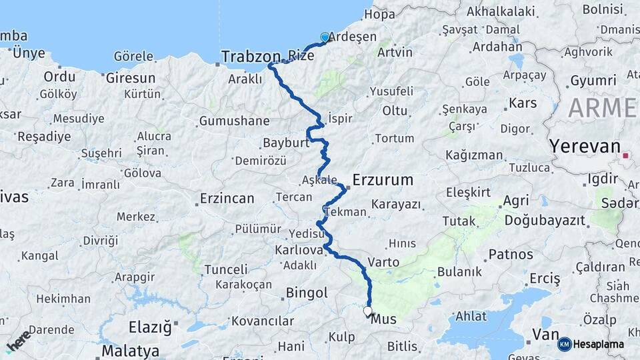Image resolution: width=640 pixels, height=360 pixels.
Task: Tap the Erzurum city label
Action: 382,180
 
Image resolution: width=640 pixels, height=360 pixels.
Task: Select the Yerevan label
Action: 584,146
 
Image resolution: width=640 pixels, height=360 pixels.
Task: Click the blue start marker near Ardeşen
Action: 325,37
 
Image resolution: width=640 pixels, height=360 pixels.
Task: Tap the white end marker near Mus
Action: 367,311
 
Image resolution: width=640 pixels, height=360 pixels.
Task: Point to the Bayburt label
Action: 286,143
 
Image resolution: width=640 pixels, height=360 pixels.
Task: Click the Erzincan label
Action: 227,199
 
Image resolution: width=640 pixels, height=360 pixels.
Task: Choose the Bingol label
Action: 307,293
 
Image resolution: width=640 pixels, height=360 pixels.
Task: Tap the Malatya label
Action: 130,351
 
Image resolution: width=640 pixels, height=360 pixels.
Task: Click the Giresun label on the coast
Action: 130,77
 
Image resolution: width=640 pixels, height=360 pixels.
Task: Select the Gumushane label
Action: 234,121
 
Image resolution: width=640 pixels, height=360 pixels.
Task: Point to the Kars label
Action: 523,103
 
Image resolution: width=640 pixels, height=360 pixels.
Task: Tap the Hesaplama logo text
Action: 599,344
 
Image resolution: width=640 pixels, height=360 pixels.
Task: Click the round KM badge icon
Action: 565,344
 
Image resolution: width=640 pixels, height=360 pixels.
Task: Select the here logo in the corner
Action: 18,341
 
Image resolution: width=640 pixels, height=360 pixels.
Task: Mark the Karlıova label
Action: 298,251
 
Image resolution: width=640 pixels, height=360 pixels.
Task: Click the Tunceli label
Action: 225,269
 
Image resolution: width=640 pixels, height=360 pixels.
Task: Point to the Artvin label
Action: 394,52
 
